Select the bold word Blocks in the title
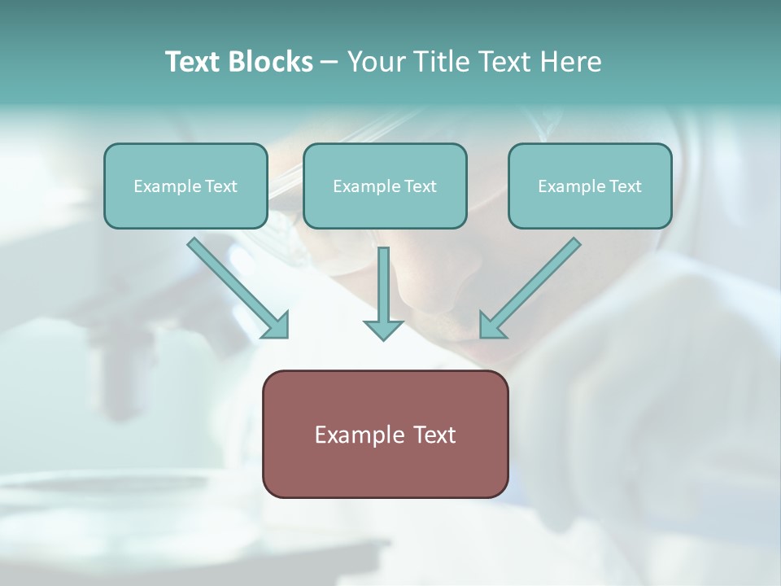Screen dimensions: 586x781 pyautogui.click(x=271, y=62)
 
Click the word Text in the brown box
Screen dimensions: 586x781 pyautogui.click(x=435, y=435)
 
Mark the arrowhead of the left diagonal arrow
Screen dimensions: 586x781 pyautogui.click(x=277, y=326)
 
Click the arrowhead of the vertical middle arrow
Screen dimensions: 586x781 pyautogui.click(x=383, y=330)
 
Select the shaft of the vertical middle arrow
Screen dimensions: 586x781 pyautogui.click(x=383, y=281)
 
